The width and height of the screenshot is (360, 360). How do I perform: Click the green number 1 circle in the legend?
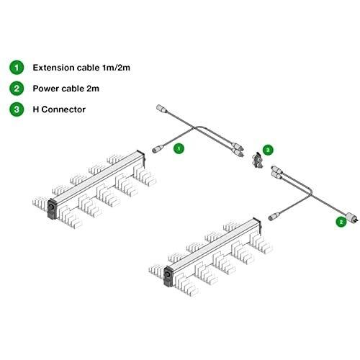click(x=17, y=68)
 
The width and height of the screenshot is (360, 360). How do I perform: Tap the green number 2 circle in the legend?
click(x=17, y=89)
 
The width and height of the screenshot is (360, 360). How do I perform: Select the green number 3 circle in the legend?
click(x=17, y=109)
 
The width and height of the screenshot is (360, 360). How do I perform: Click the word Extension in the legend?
click(x=53, y=68)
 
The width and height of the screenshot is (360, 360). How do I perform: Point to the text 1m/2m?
click(x=116, y=68)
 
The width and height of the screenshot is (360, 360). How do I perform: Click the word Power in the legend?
click(x=45, y=89)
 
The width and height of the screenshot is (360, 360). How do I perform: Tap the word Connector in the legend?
click(x=63, y=109)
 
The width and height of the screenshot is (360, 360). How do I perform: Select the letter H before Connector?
click(x=36, y=109)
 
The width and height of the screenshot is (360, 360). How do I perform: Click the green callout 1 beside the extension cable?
click(x=179, y=148)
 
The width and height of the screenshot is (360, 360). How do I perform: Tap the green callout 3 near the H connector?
click(x=268, y=150)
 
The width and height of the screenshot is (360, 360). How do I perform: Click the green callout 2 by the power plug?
click(x=341, y=222)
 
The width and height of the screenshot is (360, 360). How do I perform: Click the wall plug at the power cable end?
click(x=352, y=217)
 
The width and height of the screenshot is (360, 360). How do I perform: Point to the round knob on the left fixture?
click(x=50, y=207)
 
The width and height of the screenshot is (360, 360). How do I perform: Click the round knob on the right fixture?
click(x=167, y=274)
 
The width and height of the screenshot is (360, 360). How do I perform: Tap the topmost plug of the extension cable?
click(x=161, y=109)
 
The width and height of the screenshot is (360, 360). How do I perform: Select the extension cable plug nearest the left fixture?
click(x=157, y=149)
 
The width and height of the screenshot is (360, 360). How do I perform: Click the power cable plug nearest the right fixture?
click(x=274, y=216)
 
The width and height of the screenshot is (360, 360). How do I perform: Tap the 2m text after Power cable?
click(x=93, y=89)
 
